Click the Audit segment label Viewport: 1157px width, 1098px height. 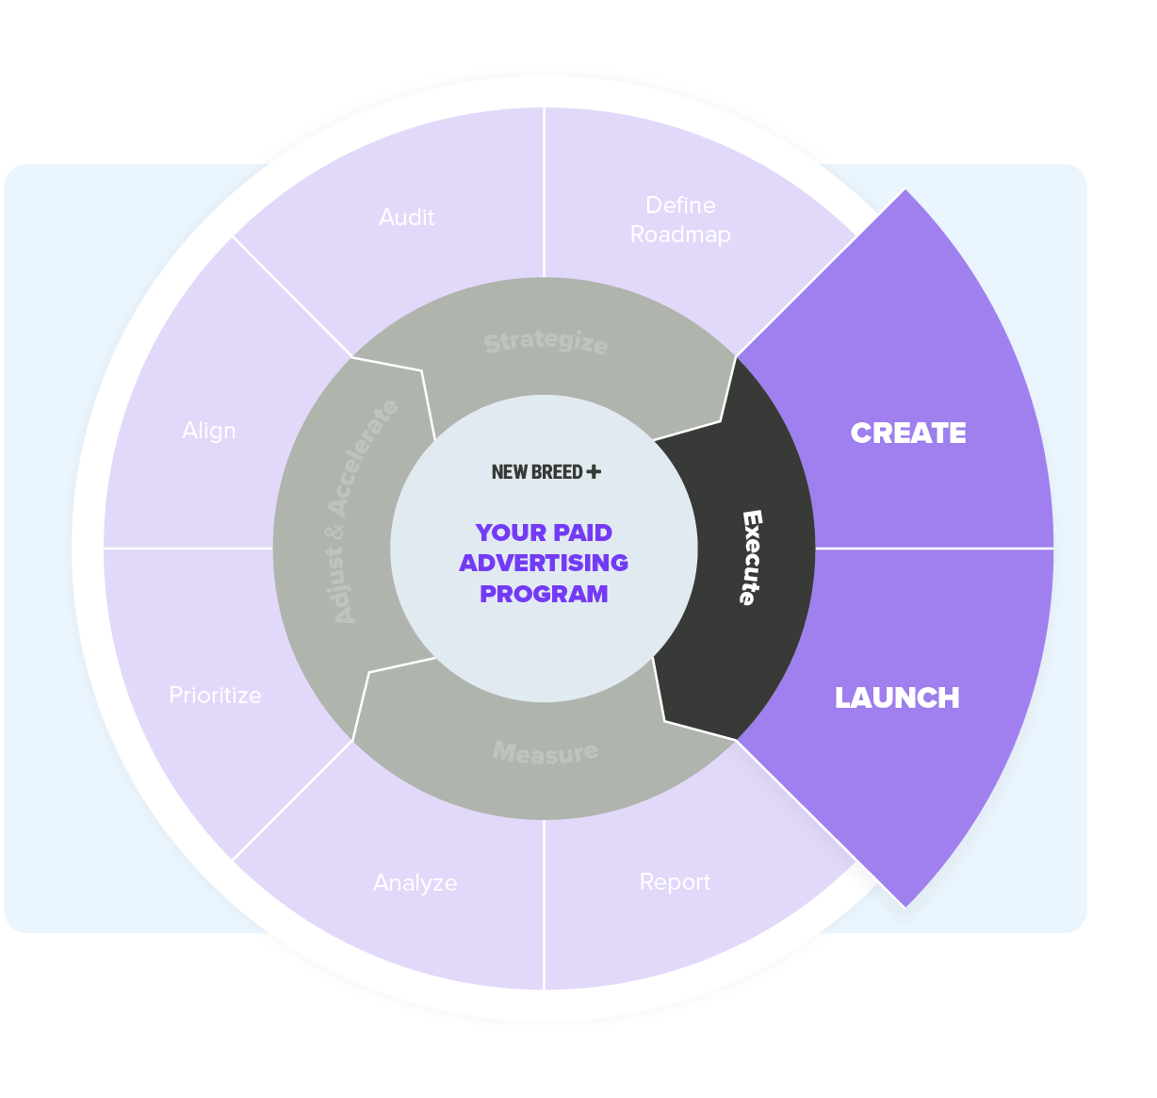[406, 218]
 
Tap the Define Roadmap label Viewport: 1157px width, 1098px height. [680, 220]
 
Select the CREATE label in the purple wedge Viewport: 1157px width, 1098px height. [908, 433]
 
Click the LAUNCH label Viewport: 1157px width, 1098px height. [897, 697]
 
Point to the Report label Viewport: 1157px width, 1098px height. [675, 882]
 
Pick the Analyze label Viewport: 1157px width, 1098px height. [416, 883]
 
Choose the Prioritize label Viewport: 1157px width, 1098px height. [215, 696]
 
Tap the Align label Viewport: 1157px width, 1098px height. [209, 431]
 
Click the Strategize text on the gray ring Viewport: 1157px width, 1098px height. [546, 342]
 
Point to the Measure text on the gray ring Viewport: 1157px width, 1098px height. [546, 752]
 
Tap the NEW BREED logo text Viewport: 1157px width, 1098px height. [537, 472]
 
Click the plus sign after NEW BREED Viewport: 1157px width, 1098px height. [594, 471]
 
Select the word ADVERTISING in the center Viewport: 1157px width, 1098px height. [544, 563]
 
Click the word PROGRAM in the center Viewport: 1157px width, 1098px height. [544, 594]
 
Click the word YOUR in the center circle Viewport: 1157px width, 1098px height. [510, 533]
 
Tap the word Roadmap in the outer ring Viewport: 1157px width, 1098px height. [680, 235]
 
